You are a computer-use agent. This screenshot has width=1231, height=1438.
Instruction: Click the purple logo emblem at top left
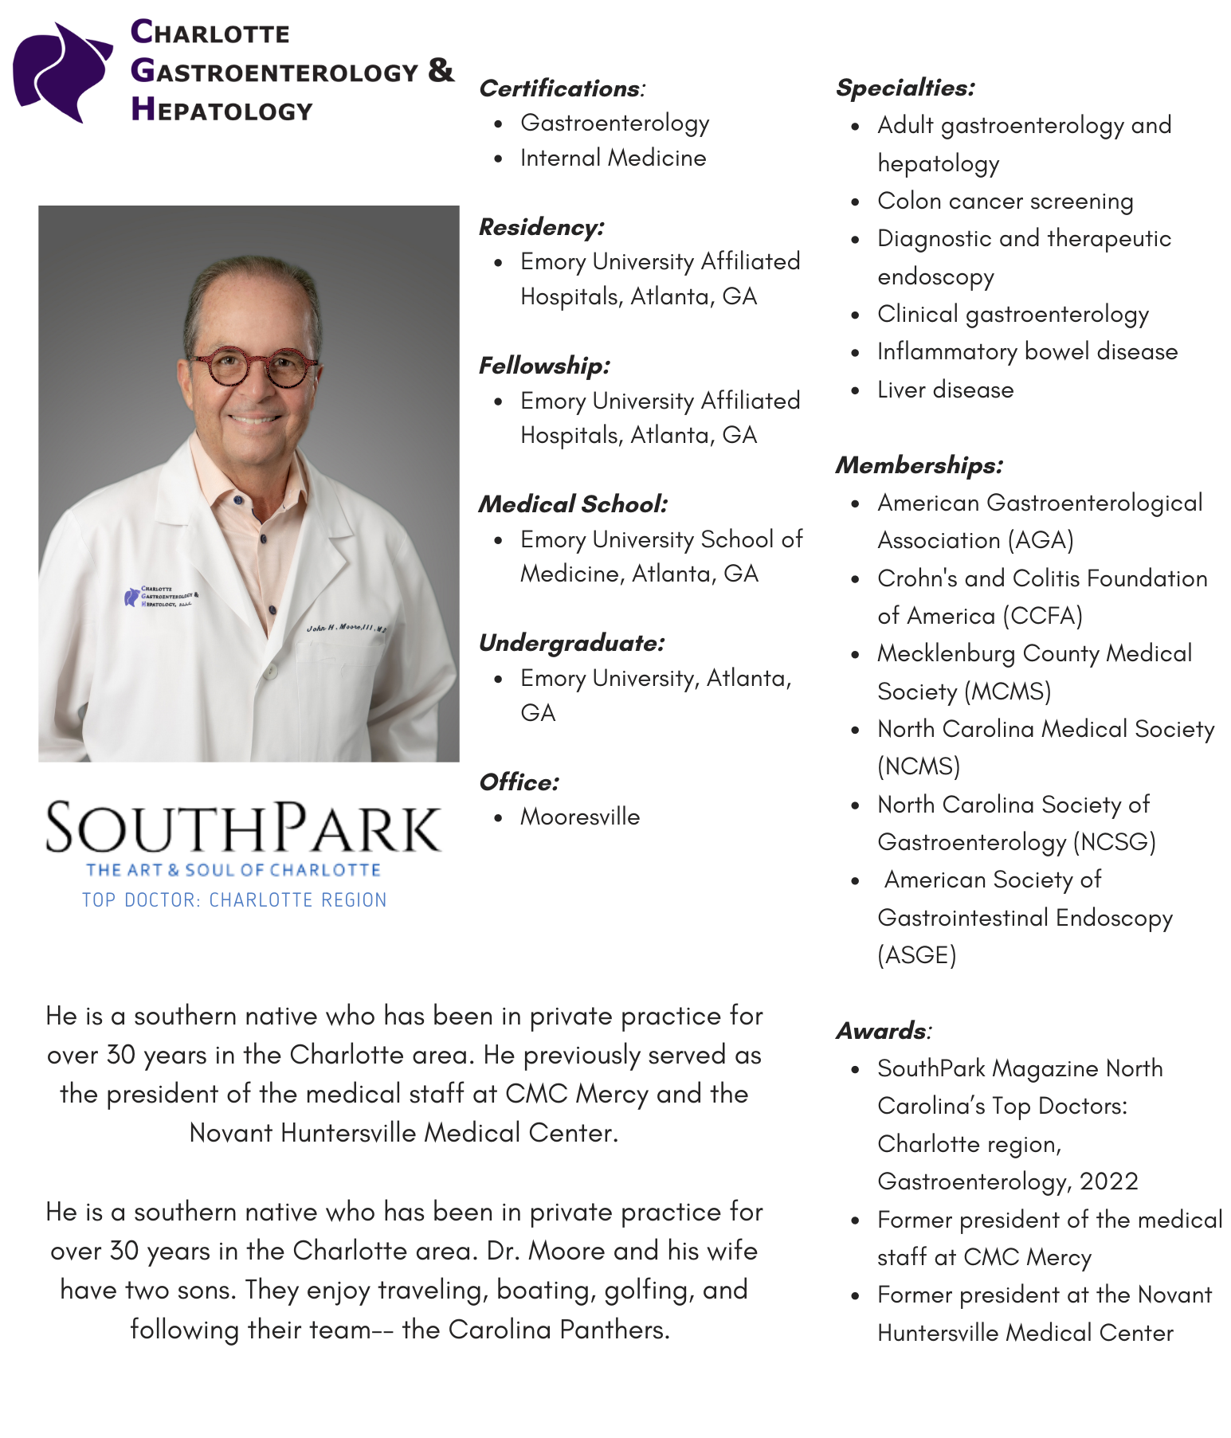62,72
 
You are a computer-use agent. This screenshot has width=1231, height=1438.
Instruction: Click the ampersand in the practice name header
440,70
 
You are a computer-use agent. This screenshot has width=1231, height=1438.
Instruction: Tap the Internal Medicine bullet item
613,158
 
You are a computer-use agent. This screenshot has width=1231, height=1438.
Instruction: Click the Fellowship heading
544,366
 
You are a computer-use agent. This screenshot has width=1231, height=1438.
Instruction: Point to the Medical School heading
573,504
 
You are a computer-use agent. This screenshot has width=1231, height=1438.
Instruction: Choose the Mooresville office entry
579,817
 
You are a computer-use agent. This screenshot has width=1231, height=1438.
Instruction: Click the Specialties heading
905,88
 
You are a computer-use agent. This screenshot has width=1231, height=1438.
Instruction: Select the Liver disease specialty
945,390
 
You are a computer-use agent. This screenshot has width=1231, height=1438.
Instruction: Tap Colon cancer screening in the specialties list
1005,201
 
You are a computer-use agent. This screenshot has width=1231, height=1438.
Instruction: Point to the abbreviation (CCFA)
1042,616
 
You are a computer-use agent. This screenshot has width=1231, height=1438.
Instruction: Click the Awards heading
882,1031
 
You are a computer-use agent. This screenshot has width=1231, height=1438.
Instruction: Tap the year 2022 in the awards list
1108,1181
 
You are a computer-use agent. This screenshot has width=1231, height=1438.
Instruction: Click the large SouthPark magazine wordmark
243,829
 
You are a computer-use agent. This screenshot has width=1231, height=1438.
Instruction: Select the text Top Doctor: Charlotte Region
234,900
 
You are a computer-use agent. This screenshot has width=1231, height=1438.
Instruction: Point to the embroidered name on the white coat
346,628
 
